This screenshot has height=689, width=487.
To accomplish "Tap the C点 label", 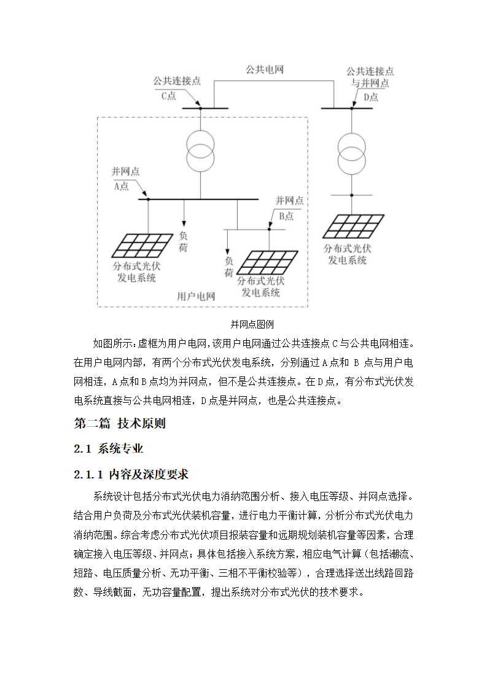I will coord(168,96).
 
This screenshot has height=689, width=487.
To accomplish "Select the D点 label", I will coord(370,96).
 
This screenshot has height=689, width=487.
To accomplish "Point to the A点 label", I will coord(120,186).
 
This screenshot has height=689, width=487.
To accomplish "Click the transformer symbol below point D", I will coord(352,152).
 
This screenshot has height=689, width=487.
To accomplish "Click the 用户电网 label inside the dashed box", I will coord(196,296).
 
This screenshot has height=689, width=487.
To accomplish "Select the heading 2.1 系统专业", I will coord(108,449).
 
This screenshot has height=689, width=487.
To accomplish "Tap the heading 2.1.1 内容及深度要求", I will coord(131,474).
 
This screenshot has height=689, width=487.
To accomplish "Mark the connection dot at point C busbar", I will coord(200,109).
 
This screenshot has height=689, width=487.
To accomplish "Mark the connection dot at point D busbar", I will coord(352,109).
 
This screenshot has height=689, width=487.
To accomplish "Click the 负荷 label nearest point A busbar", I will coord(184,241).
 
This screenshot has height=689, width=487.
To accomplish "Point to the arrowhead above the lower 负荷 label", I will coord(228,251).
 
